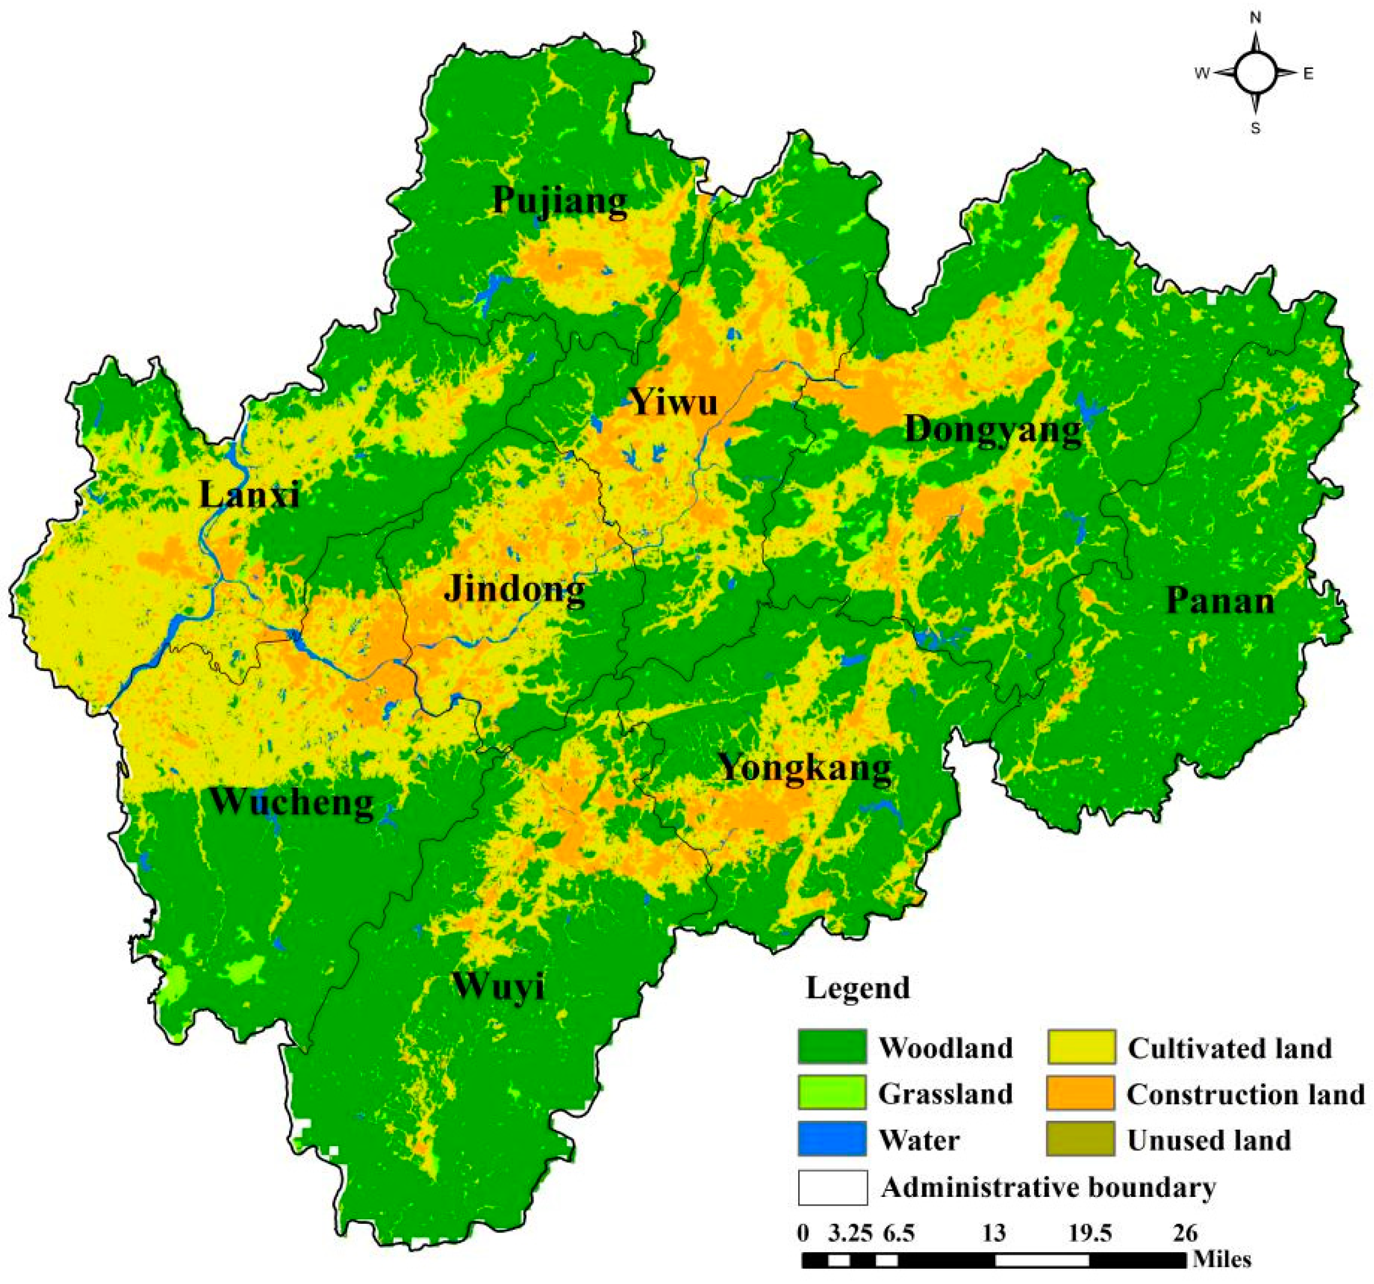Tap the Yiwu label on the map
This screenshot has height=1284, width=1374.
(x=674, y=402)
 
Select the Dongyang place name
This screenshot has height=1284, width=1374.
(x=993, y=429)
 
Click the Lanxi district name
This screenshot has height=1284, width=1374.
(x=250, y=495)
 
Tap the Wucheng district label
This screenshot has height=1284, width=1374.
(x=291, y=802)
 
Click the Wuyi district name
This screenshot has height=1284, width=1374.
(x=499, y=986)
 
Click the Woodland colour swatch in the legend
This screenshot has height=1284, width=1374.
(x=832, y=1047)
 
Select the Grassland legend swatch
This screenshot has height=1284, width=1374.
(x=832, y=1093)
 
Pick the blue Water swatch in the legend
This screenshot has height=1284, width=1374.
(x=832, y=1139)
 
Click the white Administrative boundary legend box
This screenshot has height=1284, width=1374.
(x=832, y=1187)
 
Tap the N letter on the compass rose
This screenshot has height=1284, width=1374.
(x=1256, y=19)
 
